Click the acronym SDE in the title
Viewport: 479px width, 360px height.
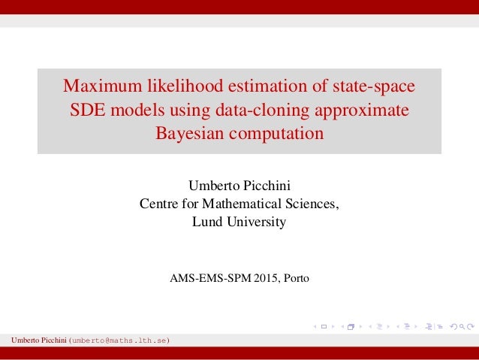[x=89, y=110]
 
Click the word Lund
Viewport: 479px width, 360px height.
[x=206, y=222]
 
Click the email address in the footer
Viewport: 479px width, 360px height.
[x=119, y=340]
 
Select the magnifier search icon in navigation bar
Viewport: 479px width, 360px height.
[x=461, y=326]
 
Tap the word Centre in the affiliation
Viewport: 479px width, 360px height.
[x=158, y=204]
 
